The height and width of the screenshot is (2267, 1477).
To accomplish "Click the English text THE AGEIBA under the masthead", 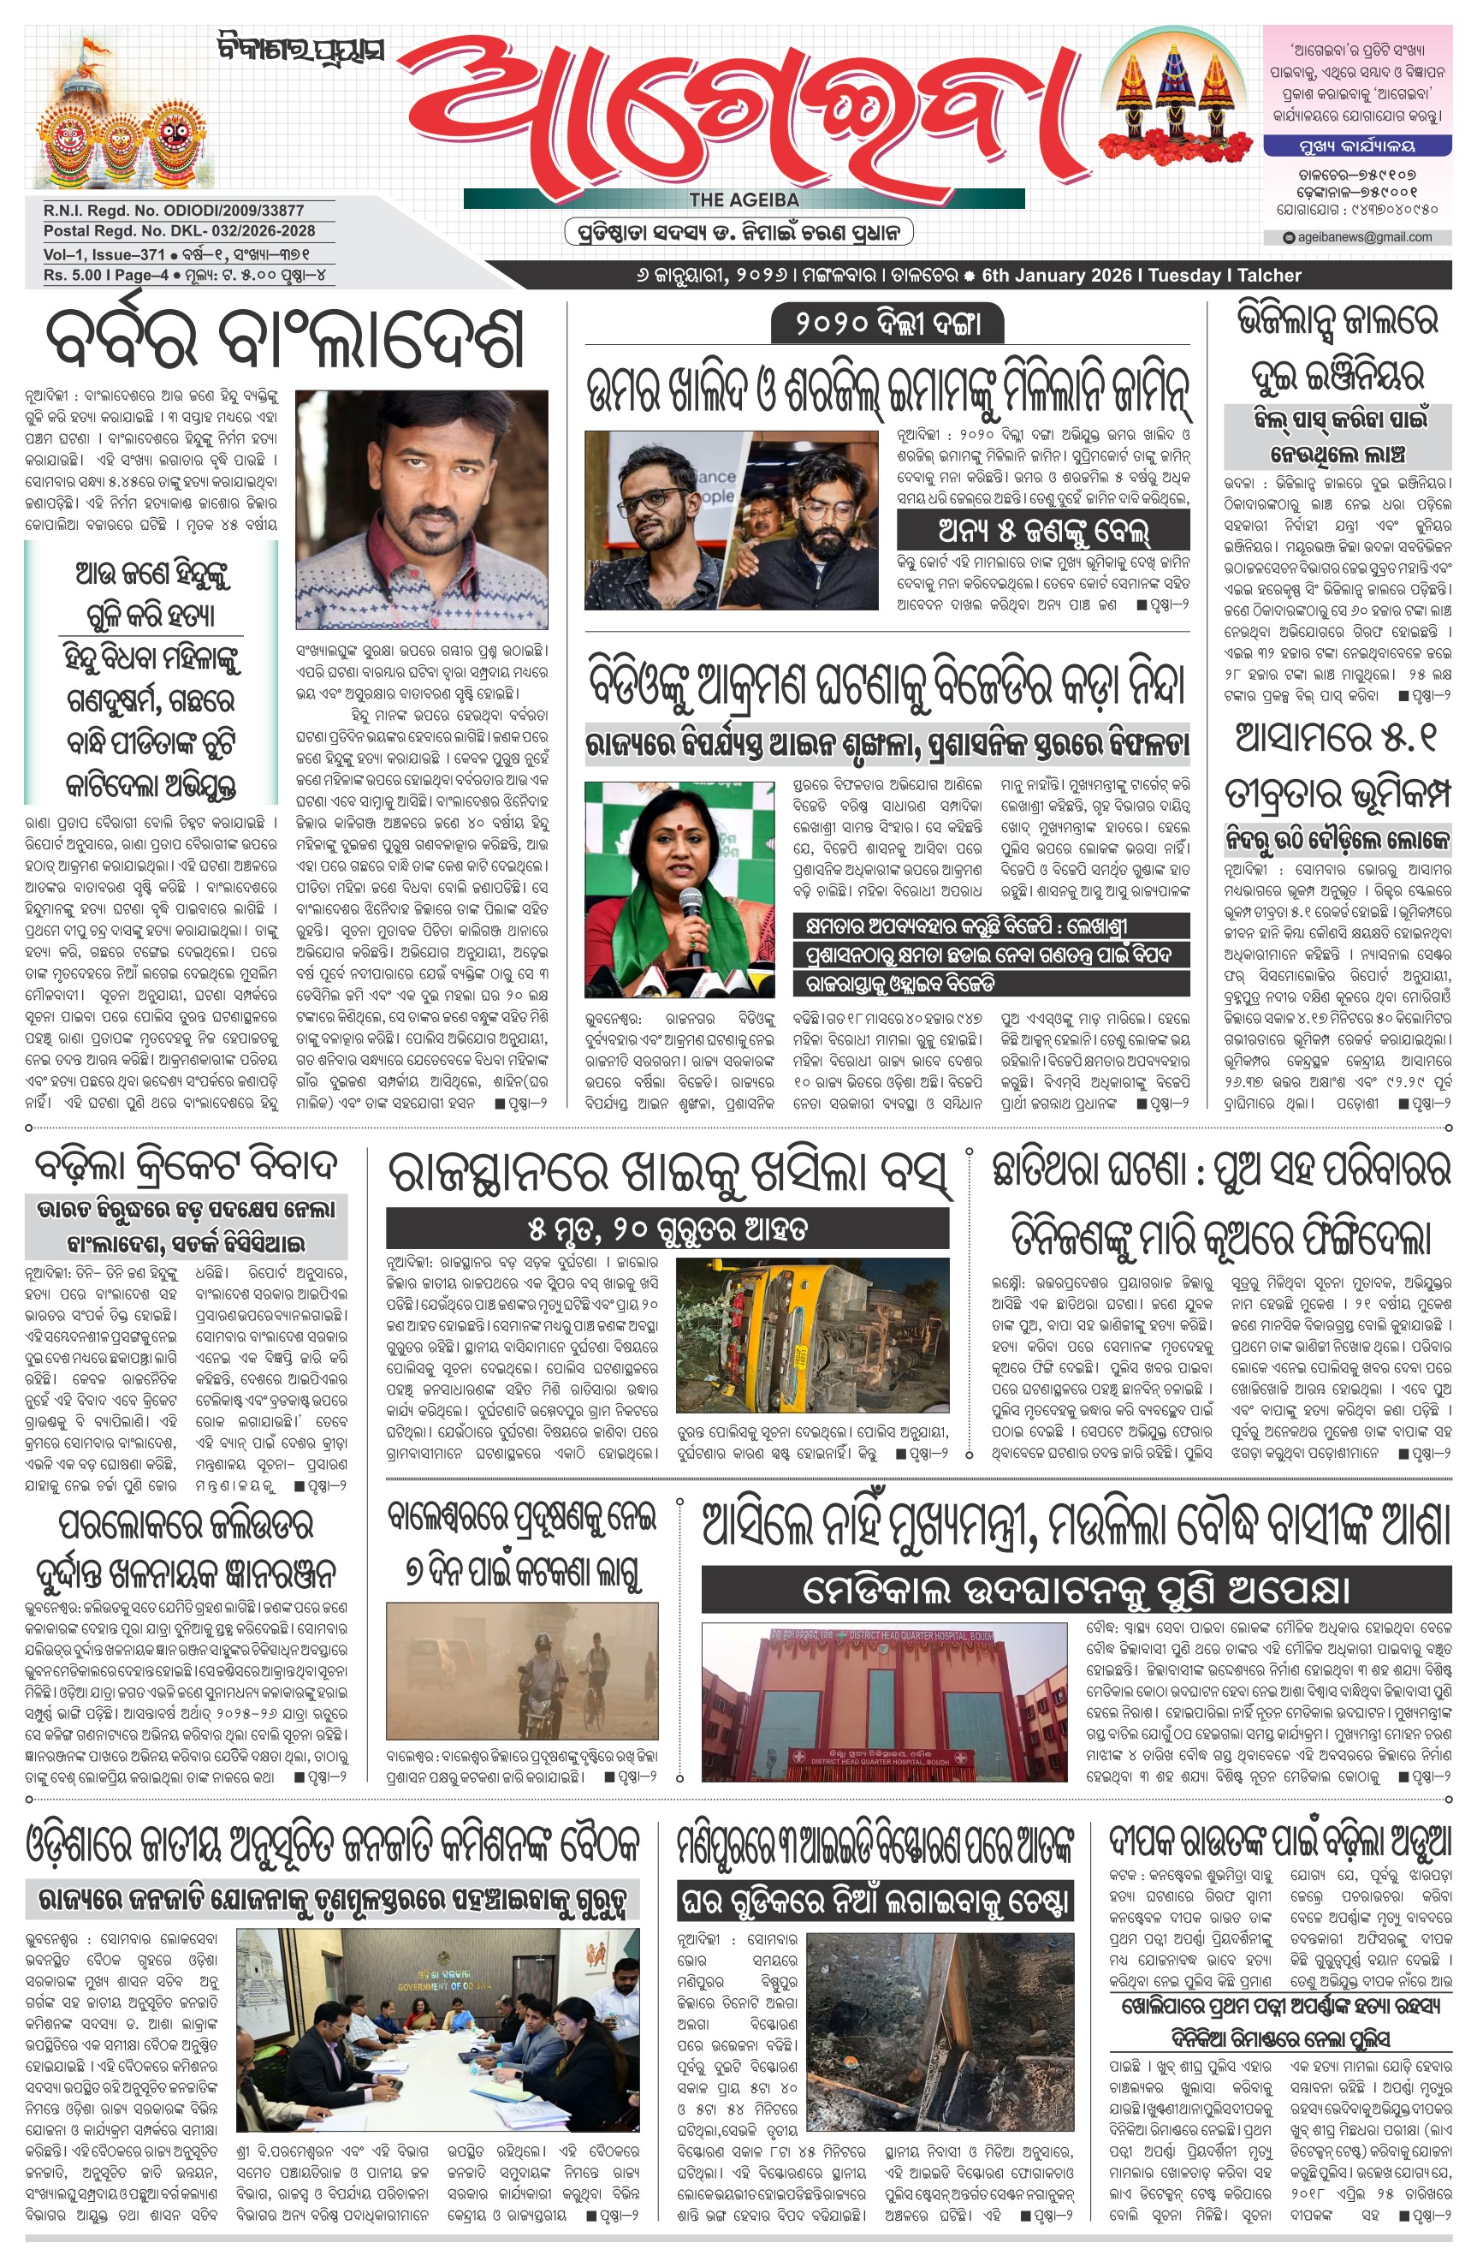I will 744,199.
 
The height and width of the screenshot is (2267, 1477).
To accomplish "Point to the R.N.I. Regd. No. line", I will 174,210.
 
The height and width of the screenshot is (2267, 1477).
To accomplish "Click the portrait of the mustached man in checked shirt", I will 422,509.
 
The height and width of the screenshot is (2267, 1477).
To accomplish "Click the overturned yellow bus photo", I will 812,1334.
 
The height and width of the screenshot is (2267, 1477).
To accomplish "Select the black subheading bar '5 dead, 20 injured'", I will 667,1229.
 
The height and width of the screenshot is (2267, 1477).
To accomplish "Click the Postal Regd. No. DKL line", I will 179,230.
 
